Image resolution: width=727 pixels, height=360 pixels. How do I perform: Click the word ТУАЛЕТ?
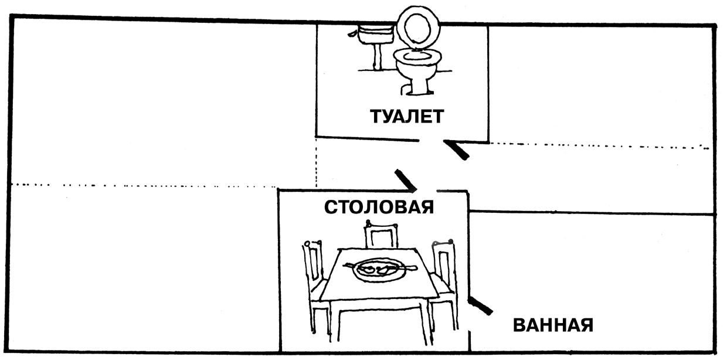click(407, 116)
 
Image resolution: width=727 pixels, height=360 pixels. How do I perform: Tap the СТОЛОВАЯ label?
click(379, 207)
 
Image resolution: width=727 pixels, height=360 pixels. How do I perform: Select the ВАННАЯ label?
click(553, 325)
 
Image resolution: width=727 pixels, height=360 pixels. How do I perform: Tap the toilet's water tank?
click(376, 35)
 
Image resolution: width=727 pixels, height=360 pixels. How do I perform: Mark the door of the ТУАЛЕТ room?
click(457, 150)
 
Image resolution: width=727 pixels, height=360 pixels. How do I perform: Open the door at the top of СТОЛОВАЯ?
click(406, 180)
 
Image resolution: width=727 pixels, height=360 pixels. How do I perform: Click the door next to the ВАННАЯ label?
click(480, 305)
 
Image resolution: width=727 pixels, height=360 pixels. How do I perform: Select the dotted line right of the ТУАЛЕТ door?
click(598, 144)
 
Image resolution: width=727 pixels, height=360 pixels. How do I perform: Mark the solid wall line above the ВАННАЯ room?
click(592, 212)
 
